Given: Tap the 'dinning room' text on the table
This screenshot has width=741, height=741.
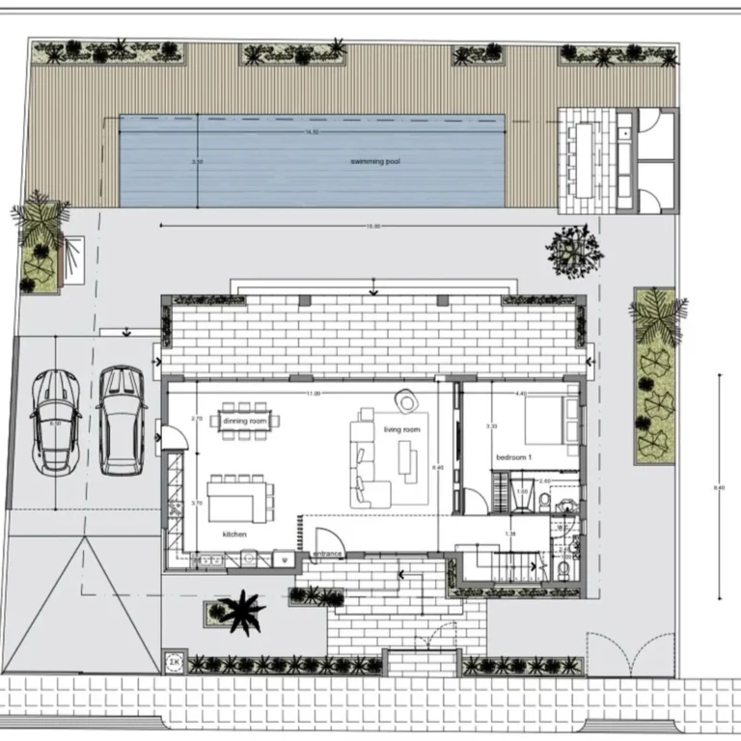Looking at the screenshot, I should pos(243,421).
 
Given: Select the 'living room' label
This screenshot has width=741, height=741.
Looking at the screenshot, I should pos(402,429).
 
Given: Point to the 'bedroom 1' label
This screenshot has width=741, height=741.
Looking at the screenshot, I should pos(514,455).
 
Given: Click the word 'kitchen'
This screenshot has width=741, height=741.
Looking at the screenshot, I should pos(235,533).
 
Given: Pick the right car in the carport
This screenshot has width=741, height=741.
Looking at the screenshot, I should pos(122,421).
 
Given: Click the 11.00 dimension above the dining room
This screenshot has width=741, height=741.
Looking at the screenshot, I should pos(313,394).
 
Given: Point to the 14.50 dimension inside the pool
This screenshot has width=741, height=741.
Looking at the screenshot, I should pos(312,131).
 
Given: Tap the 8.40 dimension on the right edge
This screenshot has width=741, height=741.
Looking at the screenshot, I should pos(718,487).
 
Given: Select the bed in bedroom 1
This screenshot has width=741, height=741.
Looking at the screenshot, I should pos(552,422).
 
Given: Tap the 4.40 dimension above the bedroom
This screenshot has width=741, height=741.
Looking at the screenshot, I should pos(521,394).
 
